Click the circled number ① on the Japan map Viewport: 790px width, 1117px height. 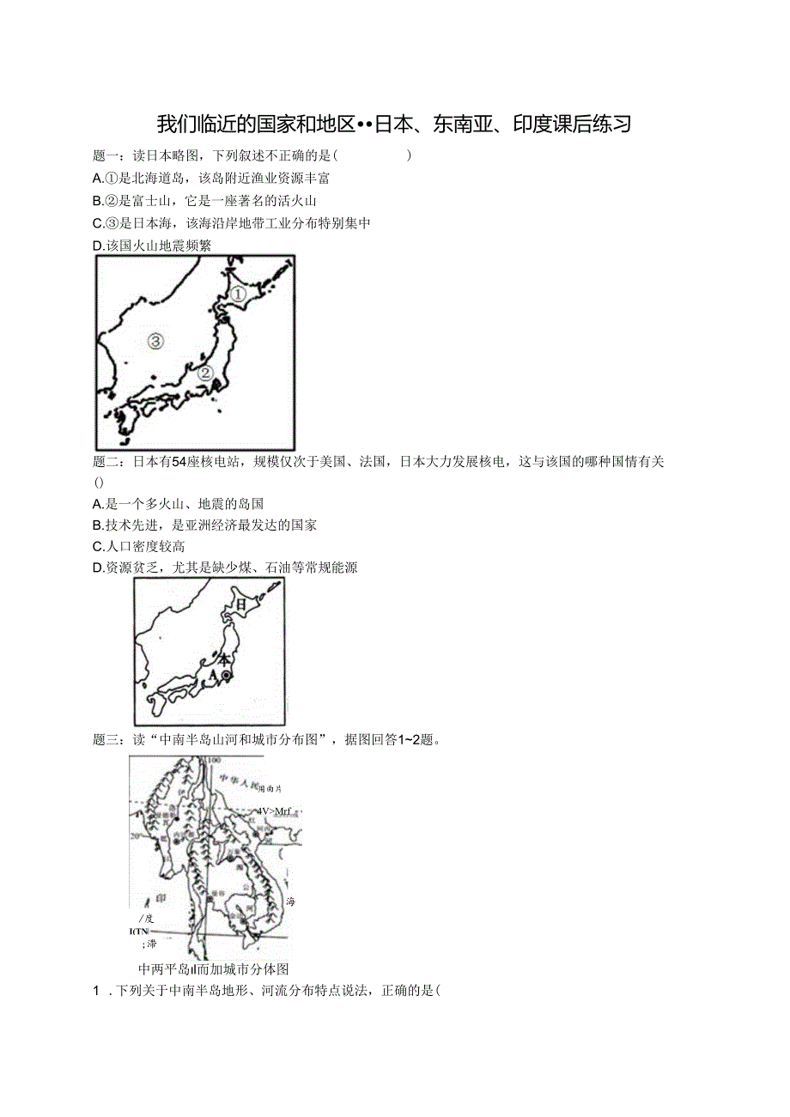(x=238, y=294)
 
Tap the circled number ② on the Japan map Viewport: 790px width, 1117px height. (x=206, y=373)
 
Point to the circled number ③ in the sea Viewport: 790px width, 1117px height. (x=155, y=341)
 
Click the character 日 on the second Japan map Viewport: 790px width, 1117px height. (x=240, y=604)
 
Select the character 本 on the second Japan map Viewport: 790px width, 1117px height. (x=223, y=661)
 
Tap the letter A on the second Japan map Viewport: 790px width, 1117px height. (x=212, y=676)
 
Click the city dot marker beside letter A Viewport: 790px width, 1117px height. (x=226, y=676)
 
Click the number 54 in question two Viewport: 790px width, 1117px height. (x=179, y=462)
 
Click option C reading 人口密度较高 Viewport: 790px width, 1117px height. (x=138, y=546)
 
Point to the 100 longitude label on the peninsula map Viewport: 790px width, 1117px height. (x=213, y=761)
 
